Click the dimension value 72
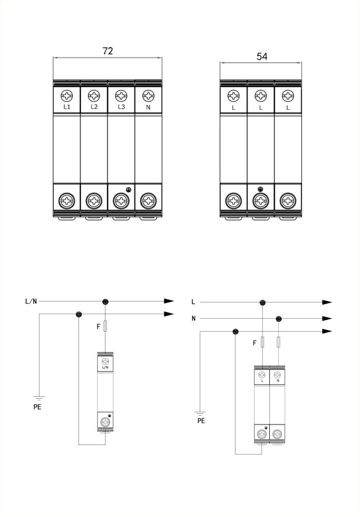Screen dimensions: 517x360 [x=108, y=51]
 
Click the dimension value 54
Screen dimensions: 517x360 [x=262, y=56]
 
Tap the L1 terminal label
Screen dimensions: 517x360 [x=67, y=107]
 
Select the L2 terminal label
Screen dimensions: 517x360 [x=94, y=107]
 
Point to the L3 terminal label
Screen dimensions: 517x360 [x=121, y=107]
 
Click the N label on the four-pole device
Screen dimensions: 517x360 [x=148, y=107]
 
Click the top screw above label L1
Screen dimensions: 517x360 [x=67, y=96]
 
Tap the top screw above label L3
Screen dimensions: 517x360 [x=121, y=96]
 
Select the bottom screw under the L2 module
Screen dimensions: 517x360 [x=94, y=202]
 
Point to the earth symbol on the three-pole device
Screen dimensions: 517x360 [x=261, y=190]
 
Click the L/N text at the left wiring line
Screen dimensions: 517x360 [x=31, y=301]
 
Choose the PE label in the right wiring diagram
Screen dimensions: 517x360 [x=201, y=421]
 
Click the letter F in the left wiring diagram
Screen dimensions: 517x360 [x=98, y=327]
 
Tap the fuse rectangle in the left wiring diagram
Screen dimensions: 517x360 [x=105, y=326]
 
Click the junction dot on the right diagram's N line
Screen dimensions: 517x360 [x=279, y=319]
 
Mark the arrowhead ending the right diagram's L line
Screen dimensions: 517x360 [x=327, y=302]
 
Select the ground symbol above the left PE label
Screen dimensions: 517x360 [x=40, y=399]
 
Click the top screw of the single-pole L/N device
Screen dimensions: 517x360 [x=105, y=361]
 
